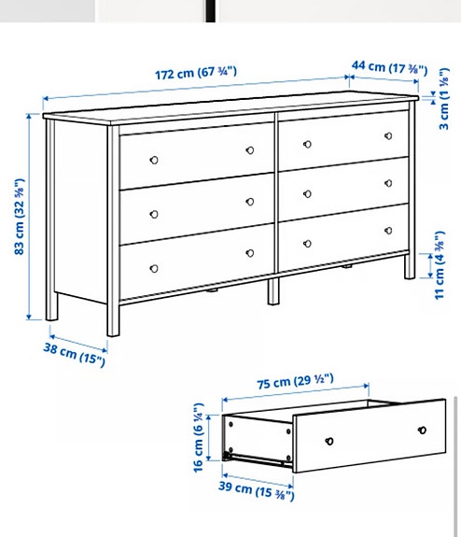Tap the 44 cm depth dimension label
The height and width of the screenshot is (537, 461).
[x=390, y=68]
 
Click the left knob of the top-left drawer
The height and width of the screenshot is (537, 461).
[x=156, y=154]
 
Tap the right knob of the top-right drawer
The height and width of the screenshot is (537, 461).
[x=385, y=136]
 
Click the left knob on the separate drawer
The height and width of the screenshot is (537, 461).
[x=329, y=440]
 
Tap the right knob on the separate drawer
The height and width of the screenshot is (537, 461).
[x=422, y=431]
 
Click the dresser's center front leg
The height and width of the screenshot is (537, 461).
[x=272, y=290]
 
